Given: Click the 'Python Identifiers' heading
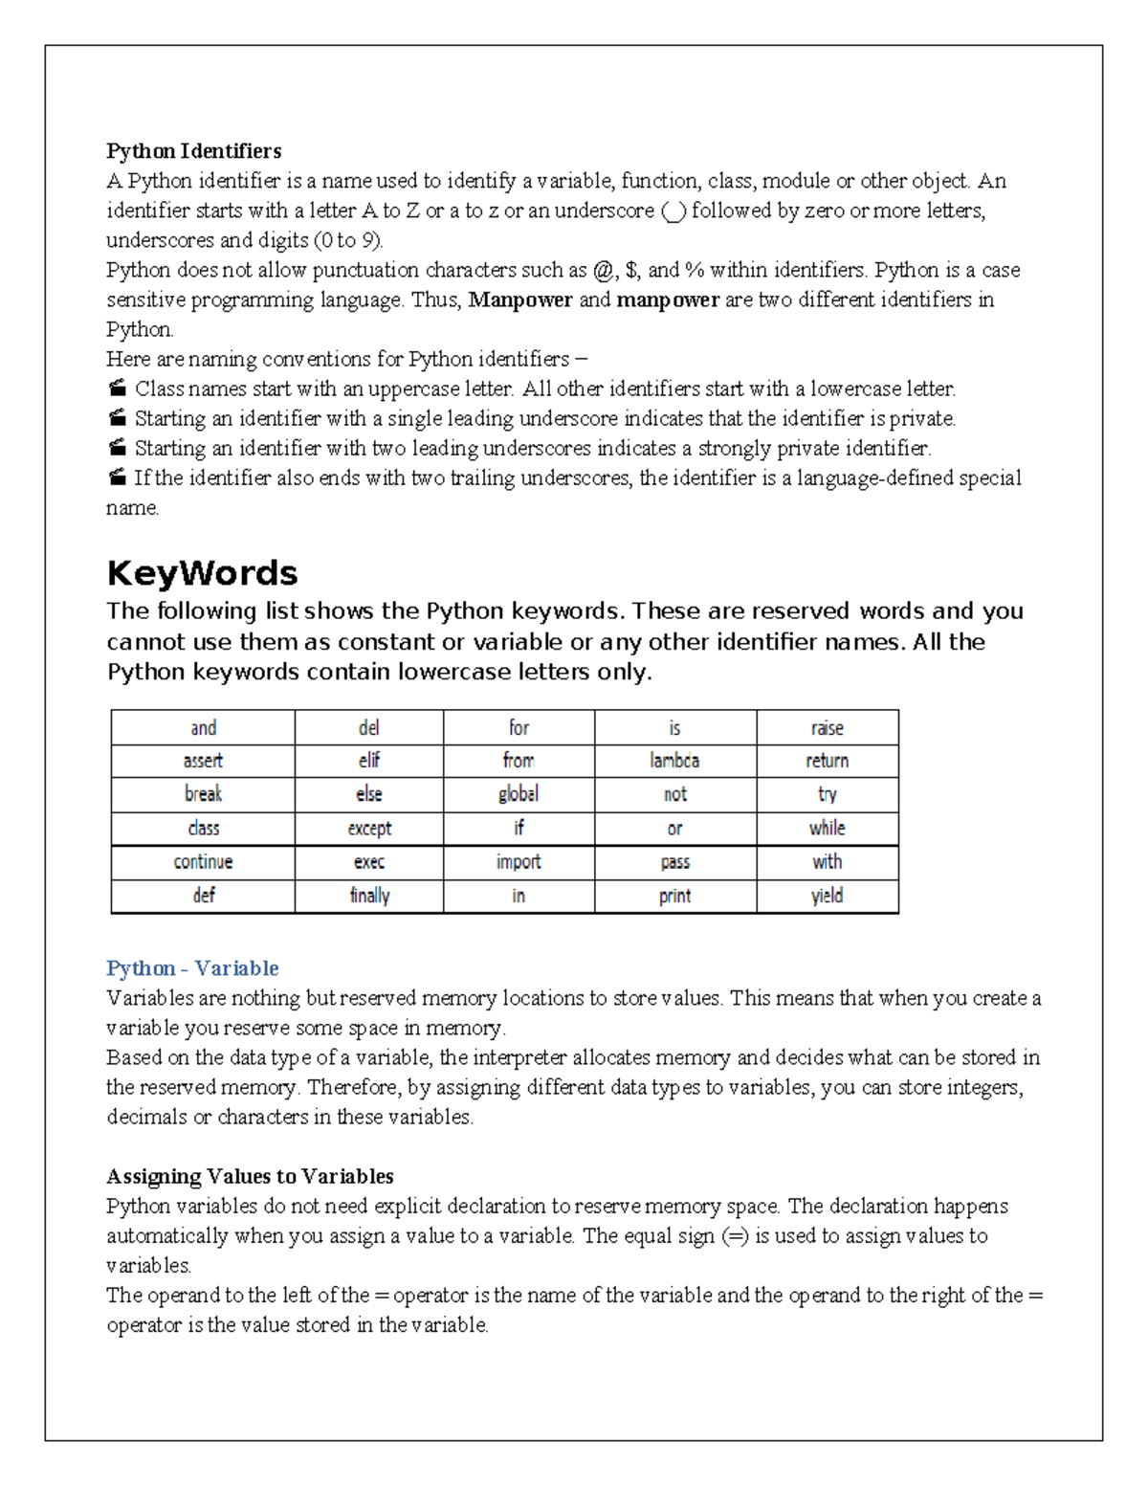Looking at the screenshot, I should click(x=193, y=151).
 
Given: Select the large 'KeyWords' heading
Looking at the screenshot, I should click(x=202, y=573).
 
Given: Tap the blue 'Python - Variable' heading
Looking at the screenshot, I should click(x=192, y=968).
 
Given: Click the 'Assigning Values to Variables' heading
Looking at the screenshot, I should click(x=250, y=1176).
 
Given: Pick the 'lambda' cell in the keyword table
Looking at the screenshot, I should click(x=674, y=761).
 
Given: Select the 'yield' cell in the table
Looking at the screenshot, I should click(x=827, y=896).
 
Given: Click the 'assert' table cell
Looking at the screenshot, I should click(x=203, y=761).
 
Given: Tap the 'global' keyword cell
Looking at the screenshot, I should click(x=518, y=794).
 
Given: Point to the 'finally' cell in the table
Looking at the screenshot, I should click(x=369, y=896).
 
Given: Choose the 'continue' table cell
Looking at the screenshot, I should click(x=203, y=862).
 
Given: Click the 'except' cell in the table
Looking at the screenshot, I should click(x=369, y=829).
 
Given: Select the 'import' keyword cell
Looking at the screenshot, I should click(x=518, y=862).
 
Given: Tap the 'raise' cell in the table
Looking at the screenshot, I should click(x=827, y=728).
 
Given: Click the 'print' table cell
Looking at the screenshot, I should click(x=674, y=897).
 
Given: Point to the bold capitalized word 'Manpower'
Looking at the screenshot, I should click(x=520, y=300).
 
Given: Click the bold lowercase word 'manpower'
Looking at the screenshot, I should click(x=668, y=300).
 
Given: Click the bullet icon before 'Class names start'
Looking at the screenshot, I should click(x=117, y=388).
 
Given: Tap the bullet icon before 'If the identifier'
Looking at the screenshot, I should click(x=117, y=477).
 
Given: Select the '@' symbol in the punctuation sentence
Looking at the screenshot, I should click(x=602, y=271).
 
